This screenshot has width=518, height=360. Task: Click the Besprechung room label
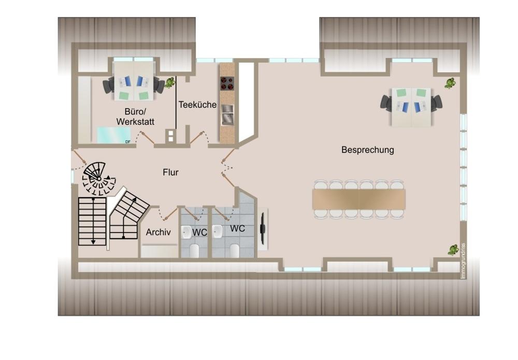tap(367, 150)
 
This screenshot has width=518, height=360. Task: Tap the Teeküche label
tap(197, 105)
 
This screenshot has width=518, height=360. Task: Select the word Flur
tap(170, 172)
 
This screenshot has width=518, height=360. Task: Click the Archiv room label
tap(158, 232)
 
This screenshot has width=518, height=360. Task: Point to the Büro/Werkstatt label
tap(135, 117)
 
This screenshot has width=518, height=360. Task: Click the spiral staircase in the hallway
tap(98, 178)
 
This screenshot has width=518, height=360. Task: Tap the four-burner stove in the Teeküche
tap(227, 83)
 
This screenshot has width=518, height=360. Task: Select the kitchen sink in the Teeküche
tap(227, 114)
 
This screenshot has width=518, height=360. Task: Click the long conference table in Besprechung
tap(359, 199)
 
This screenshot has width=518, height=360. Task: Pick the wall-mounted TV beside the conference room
tap(263, 228)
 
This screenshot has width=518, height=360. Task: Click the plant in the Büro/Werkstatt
tap(170, 82)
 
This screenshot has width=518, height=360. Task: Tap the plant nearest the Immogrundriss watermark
tap(453, 250)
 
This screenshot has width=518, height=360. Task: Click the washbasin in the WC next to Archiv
tap(186, 232)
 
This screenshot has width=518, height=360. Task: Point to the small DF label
tap(128, 142)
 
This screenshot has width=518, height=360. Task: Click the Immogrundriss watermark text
tap(463, 261)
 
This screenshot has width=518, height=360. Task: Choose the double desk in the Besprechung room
tap(411, 107)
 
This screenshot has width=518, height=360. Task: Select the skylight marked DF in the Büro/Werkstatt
tap(113, 135)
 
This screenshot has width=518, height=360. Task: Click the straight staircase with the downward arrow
tap(92, 221)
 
